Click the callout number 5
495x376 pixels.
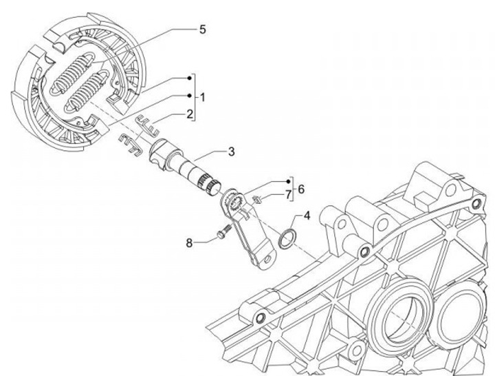pyautogui.click(x=202, y=30)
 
